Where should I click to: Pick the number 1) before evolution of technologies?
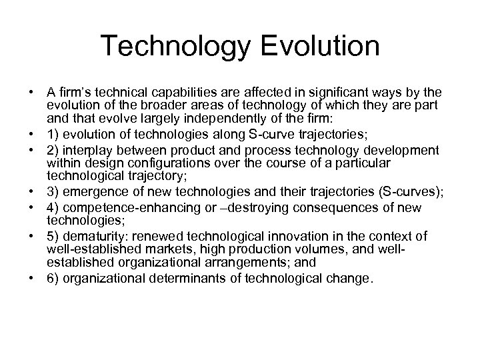tap(52, 127)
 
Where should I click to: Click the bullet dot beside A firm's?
tap(33, 92)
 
